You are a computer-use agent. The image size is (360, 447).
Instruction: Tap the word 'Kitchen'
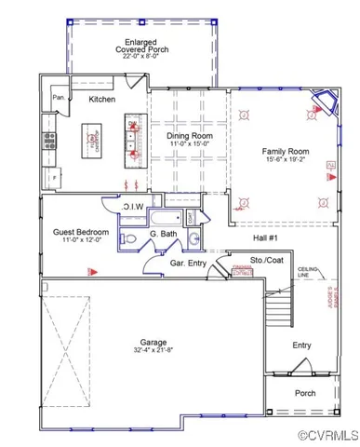tap(101, 99)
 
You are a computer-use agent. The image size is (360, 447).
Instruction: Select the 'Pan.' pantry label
tap(58, 98)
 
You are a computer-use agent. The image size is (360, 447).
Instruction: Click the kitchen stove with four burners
tap(48, 142)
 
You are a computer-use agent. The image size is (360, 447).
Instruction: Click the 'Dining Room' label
tap(189, 136)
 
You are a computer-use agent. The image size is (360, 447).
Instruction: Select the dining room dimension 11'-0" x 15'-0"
tap(189, 145)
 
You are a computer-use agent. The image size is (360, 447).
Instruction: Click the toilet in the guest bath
tap(131, 239)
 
